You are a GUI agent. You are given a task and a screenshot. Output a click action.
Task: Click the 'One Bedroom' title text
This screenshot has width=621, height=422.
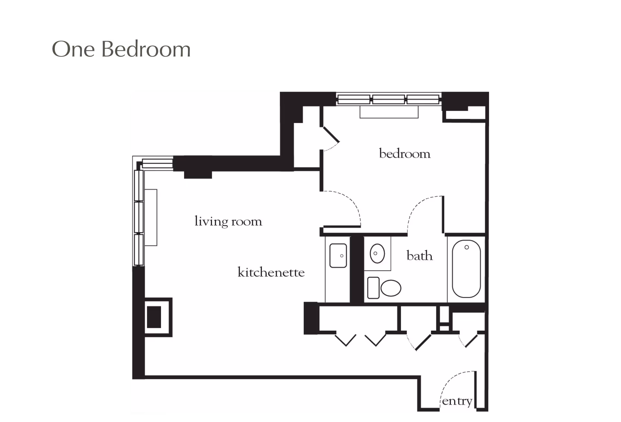point(121,50)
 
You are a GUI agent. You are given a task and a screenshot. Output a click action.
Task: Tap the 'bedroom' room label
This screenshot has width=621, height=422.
point(405,154)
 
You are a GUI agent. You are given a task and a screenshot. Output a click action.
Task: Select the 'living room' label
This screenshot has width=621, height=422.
point(228,222)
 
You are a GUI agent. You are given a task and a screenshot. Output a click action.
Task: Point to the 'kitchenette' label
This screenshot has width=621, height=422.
point(271,272)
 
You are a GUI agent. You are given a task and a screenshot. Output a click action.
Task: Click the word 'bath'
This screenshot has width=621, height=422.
point(419,256)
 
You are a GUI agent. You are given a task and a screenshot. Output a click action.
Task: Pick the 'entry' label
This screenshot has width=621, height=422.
point(457,401)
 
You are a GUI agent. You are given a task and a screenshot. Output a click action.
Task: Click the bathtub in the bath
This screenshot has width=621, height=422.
point(466,269)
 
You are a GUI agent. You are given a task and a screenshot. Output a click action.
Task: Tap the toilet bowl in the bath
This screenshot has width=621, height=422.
point(391,288)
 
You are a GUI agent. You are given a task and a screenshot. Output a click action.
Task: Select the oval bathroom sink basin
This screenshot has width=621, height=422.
point(377,253)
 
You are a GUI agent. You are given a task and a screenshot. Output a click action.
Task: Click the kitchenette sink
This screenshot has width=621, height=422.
point(338,256)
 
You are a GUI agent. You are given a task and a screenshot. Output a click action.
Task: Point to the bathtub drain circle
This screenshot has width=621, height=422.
point(466,247)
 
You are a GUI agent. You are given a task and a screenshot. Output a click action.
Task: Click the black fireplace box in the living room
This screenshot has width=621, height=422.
point(154,317)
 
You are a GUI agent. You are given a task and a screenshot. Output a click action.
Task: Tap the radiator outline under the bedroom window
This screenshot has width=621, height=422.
point(389,112)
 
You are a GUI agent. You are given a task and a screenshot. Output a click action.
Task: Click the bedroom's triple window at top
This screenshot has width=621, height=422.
point(388,99)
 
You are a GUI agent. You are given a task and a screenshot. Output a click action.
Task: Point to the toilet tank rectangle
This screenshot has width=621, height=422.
point(373,288)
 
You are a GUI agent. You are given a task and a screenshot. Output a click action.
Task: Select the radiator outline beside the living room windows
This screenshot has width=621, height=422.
point(151,217)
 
